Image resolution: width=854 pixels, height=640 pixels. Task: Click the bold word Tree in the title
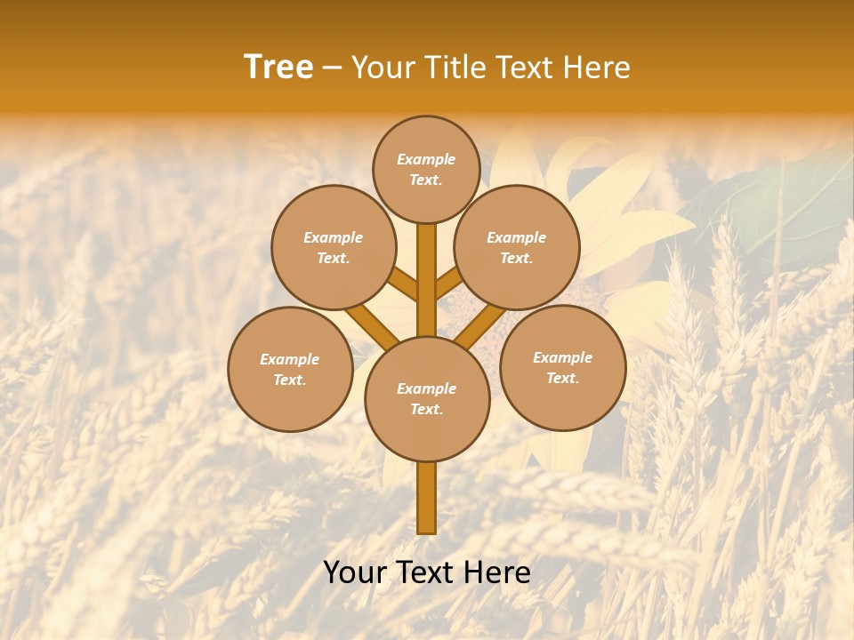[278, 68]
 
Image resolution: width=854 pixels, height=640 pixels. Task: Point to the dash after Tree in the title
[332, 68]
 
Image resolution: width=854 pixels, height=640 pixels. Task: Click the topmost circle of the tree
[426, 169]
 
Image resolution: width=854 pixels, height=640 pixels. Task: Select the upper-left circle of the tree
[334, 247]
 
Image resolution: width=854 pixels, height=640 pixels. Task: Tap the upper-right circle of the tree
[517, 247]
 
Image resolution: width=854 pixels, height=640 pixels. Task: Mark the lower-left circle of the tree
[290, 369]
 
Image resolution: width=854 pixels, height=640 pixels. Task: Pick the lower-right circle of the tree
[563, 367]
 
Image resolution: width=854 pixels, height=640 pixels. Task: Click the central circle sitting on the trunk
[427, 398]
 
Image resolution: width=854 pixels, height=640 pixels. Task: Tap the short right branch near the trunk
[448, 283]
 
